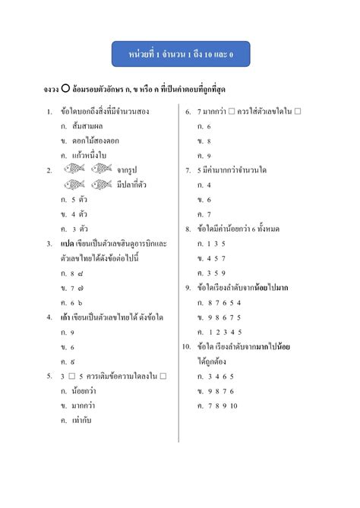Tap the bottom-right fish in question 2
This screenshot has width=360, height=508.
tap(101, 185)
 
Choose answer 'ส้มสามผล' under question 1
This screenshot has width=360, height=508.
tap(87, 126)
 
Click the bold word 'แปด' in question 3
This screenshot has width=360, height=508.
tap(67, 244)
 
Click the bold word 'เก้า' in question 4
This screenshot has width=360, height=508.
tap(67, 317)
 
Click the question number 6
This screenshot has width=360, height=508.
tap(188, 112)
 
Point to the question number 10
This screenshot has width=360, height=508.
tap(187, 346)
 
